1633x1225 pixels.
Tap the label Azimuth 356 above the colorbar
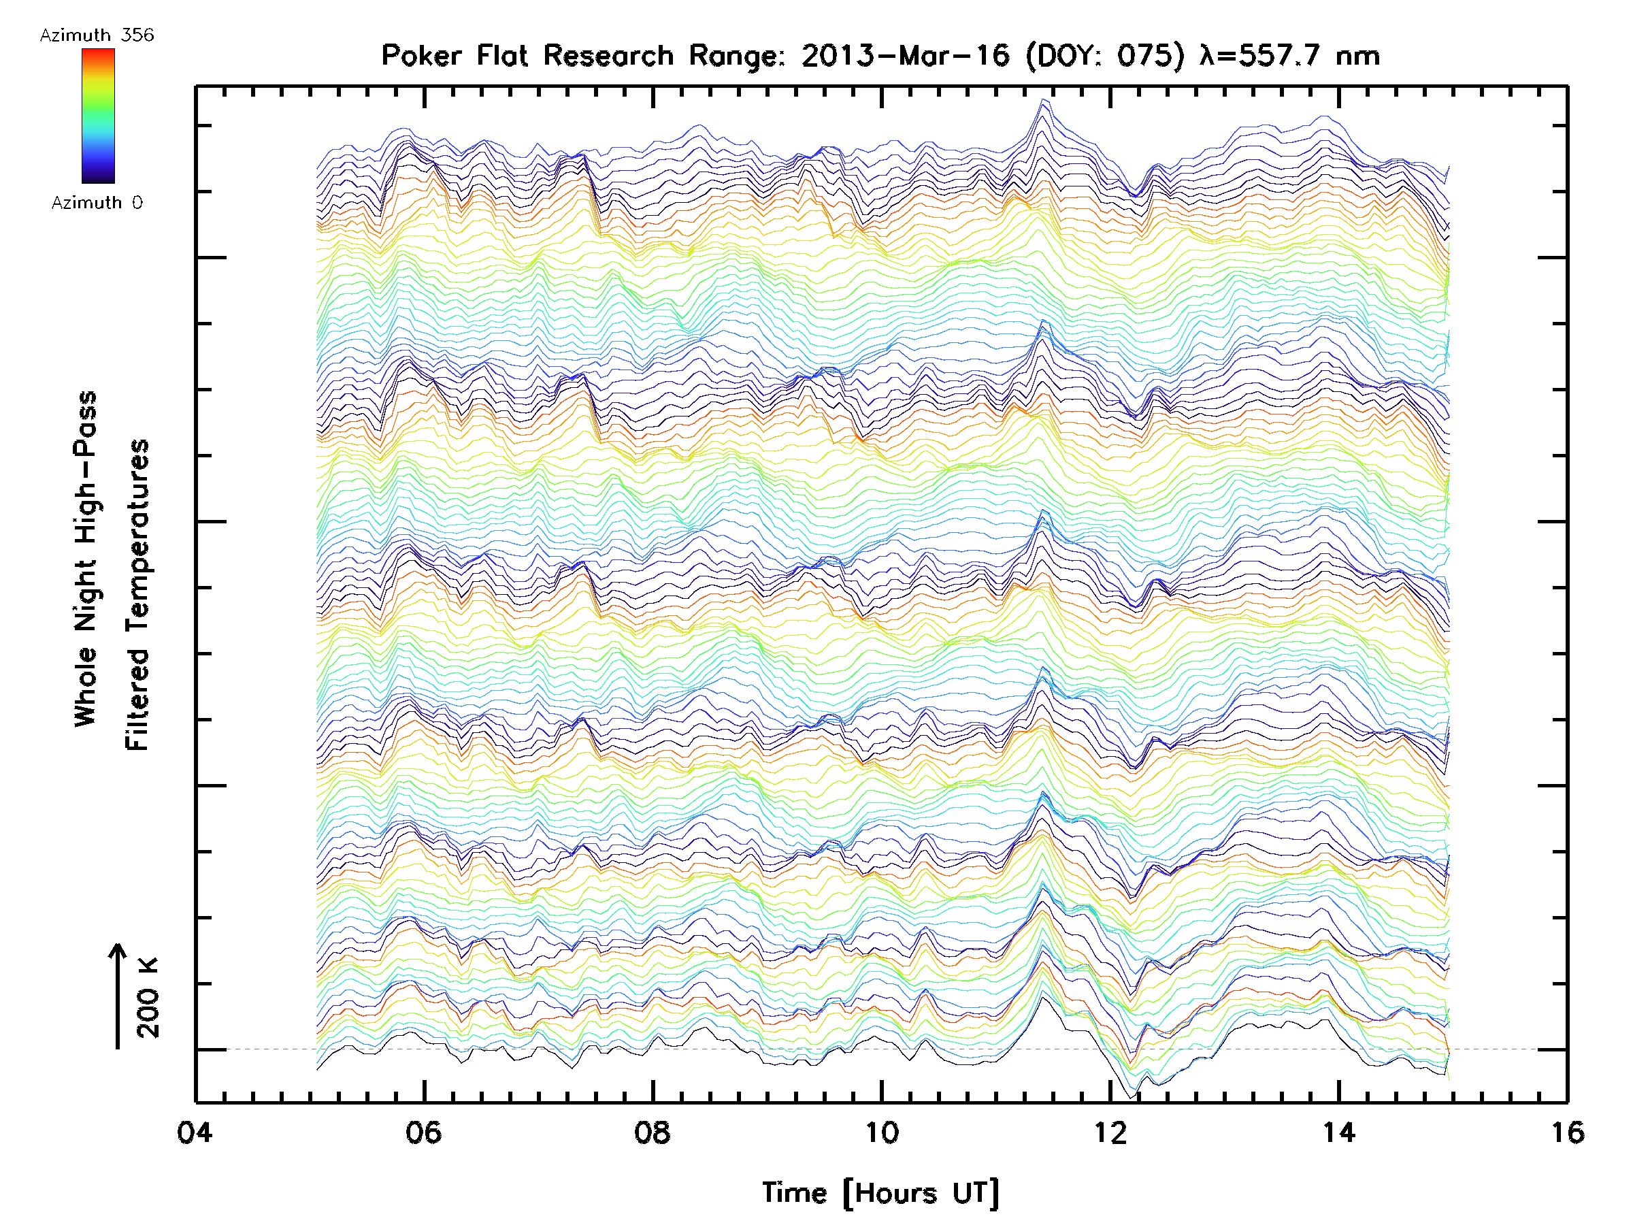97,35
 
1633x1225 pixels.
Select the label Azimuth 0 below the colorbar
97,203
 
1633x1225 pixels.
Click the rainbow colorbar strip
98,116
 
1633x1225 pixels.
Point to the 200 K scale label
148,998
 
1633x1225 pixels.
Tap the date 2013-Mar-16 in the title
905,56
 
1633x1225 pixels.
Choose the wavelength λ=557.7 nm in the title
1289,56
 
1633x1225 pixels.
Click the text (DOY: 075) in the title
1105,56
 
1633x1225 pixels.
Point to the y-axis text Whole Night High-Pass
86,559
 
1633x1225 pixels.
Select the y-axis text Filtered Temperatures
137,595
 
